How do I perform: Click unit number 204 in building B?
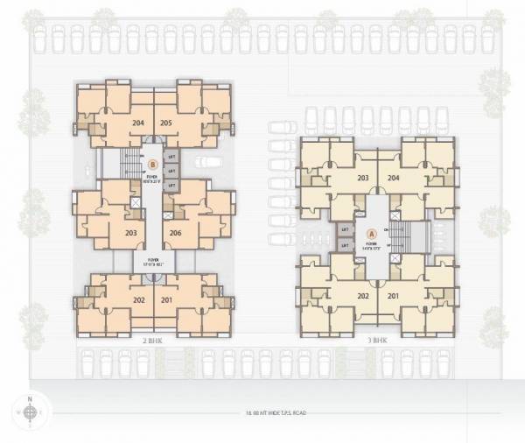tap(138, 123)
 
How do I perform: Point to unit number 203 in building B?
tap(131, 233)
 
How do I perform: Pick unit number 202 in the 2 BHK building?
tap(138, 300)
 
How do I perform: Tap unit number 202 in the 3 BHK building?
tap(363, 295)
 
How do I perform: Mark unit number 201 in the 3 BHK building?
tap(393, 295)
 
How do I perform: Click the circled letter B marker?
tap(152, 163)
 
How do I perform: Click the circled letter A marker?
tap(371, 234)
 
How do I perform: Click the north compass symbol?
tap(30, 411)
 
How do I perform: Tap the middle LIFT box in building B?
tap(171, 172)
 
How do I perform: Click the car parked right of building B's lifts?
tap(206, 161)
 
